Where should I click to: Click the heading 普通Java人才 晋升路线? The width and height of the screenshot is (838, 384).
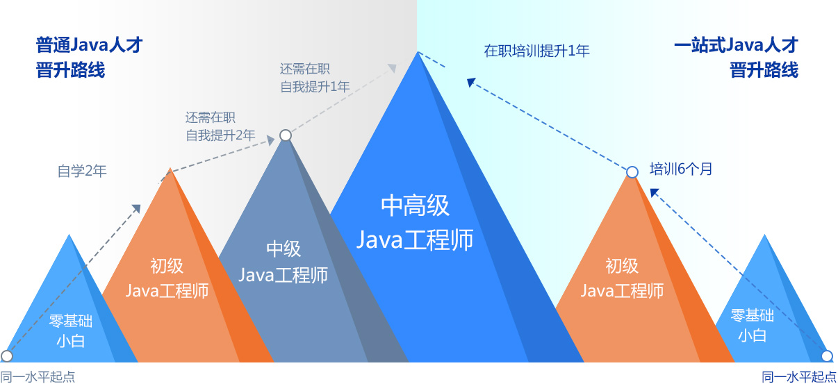click(x=89, y=58)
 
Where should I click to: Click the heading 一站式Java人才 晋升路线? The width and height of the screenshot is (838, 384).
click(x=736, y=58)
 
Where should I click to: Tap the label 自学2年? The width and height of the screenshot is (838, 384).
click(x=82, y=172)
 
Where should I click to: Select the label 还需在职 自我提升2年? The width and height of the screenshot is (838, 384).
click(x=220, y=126)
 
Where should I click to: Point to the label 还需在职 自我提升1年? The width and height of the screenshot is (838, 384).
click(x=314, y=78)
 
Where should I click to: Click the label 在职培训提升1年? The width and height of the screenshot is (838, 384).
click(x=536, y=51)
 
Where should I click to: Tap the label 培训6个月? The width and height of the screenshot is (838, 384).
click(x=680, y=169)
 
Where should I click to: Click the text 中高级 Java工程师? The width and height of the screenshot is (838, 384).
click(x=415, y=222)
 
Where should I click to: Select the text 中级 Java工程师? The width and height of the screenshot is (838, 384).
click(x=284, y=262)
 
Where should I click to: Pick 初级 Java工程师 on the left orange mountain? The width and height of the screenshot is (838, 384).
click(x=167, y=278)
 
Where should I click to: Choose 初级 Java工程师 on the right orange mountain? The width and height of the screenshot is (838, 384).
click(x=622, y=278)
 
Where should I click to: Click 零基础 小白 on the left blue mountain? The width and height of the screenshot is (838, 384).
click(x=71, y=330)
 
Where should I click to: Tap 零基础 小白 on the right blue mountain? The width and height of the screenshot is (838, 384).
click(x=752, y=325)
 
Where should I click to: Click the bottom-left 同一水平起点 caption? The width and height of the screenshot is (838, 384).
click(x=38, y=377)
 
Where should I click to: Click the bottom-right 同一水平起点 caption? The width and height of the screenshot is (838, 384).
click(x=799, y=377)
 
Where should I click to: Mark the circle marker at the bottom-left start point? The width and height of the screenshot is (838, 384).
click(x=7, y=356)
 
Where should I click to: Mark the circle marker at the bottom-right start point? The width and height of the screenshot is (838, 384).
click(x=827, y=356)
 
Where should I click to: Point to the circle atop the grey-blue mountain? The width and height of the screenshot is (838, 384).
click(x=285, y=135)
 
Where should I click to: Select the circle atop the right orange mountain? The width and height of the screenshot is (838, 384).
click(x=632, y=172)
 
